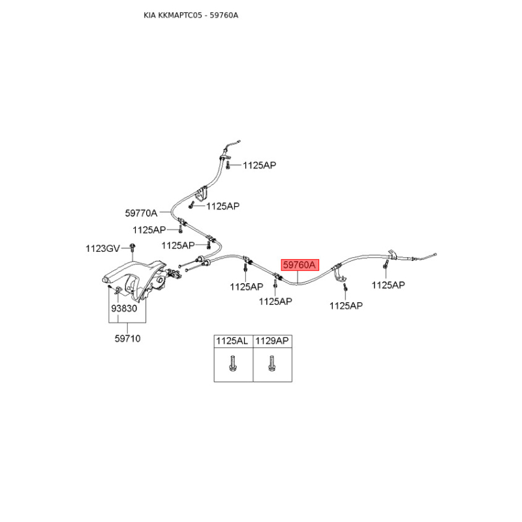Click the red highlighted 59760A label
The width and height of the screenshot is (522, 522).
click(x=299, y=265)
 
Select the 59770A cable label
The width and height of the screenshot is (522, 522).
click(x=141, y=213)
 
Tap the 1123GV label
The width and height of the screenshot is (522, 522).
click(x=102, y=249)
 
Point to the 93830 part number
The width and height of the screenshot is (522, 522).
click(x=124, y=309)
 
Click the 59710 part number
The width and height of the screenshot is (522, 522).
click(x=127, y=339)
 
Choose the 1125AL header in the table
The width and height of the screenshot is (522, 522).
click(x=232, y=341)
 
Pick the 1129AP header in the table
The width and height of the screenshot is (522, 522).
click(x=271, y=341)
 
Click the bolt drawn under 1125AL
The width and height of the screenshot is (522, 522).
click(x=232, y=363)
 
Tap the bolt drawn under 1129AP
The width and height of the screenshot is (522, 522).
click(x=271, y=363)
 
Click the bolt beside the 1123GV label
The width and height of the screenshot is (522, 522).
click(x=132, y=248)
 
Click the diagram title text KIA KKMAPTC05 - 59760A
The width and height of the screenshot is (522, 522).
click(x=191, y=15)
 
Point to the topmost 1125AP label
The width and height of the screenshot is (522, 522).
click(x=259, y=165)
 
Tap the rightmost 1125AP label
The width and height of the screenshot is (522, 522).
click(x=388, y=285)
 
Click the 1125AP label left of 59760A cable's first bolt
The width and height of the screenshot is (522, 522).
click(x=247, y=286)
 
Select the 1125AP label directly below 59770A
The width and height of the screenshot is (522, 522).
click(x=149, y=230)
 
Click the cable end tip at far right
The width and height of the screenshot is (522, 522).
click(x=435, y=255)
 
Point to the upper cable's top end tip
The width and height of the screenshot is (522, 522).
click(x=238, y=142)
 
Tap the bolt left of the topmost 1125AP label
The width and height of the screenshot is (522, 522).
click(x=228, y=165)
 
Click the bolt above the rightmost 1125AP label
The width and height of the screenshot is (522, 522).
click(x=386, y=265)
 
